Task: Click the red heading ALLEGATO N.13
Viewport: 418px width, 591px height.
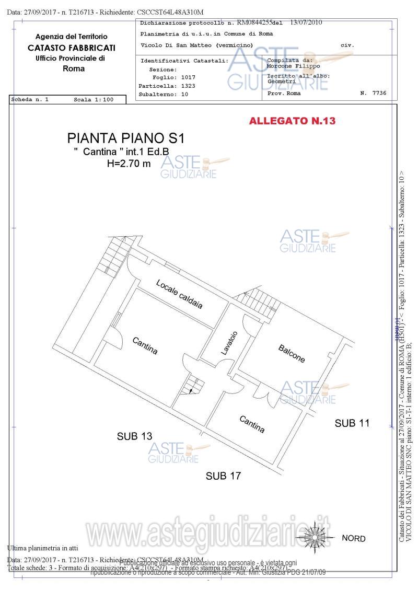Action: (x=292, y=121)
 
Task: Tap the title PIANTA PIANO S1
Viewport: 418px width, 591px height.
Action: (x=126, y=138)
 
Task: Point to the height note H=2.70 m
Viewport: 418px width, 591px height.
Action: (x=129, y=164)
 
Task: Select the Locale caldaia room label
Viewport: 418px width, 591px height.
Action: (x=179, y=294)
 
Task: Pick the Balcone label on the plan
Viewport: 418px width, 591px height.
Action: (x=292, y=354)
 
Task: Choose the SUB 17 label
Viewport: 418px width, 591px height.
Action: (x=223, y=476)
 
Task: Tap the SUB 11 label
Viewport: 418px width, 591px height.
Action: (x=352, y=423)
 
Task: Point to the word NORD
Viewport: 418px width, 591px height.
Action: (x=354, y=539)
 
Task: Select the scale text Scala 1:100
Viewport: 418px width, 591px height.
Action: (x=94, y=99)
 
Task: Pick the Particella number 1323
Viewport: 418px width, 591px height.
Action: (x=188, y=86)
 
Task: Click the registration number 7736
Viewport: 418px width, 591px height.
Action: (x=380, y=93)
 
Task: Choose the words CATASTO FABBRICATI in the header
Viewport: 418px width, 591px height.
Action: (x=72, y=48)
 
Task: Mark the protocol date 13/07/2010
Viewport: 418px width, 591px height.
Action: (x=306, y=23)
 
